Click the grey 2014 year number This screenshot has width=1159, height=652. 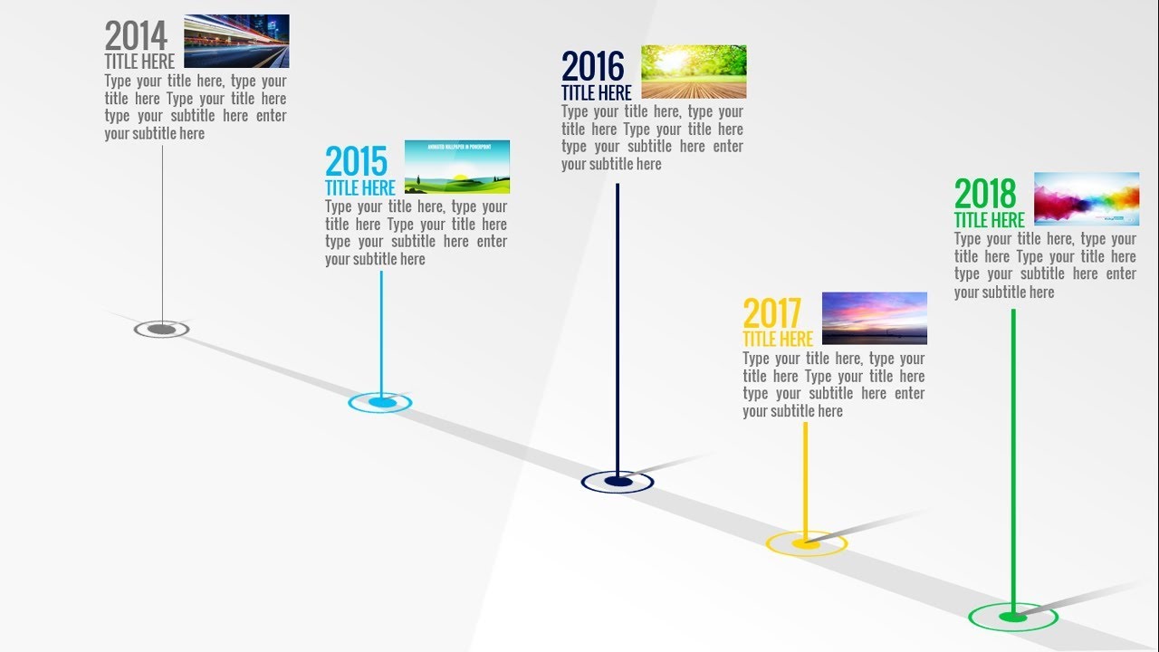[x=136, y=36]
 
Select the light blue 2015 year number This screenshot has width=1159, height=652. [x=356, y=162]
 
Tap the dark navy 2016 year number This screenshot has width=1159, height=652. [x=593, y=67]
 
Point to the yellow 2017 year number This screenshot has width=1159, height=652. [x=772, y=314]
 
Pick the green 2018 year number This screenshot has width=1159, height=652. [x=985, y=195]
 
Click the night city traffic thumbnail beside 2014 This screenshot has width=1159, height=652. [x=236, y=41]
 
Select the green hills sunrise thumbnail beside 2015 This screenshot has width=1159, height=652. [x=456, y=167]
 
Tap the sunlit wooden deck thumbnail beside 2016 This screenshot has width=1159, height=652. [x=694, y=72]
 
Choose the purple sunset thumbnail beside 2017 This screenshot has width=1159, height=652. [x=874, y=318]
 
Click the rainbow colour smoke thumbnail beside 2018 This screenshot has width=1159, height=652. [x=1087, y=198]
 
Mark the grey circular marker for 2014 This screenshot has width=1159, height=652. [x=161, y=330]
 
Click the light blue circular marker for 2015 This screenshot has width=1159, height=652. [x=380, y=402]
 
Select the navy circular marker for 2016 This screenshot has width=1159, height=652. [x=618, y=482]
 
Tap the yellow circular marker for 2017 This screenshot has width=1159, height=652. [x=806, y=543]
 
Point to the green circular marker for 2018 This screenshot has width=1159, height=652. [x=1013, y=617]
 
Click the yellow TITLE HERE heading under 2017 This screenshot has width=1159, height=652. [x=778, y=340]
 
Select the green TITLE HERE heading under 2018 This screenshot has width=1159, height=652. [x=990, y=220]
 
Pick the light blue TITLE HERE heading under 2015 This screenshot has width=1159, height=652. [x=360, y=188]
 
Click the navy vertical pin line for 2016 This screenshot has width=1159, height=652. [x=618, y=326]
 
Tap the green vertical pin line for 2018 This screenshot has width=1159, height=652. [x=1013, y=453]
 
